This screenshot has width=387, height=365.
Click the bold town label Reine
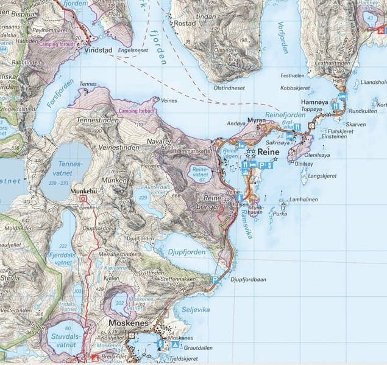[x=268, y=151]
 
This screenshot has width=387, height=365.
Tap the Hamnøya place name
[x=315, y=103]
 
